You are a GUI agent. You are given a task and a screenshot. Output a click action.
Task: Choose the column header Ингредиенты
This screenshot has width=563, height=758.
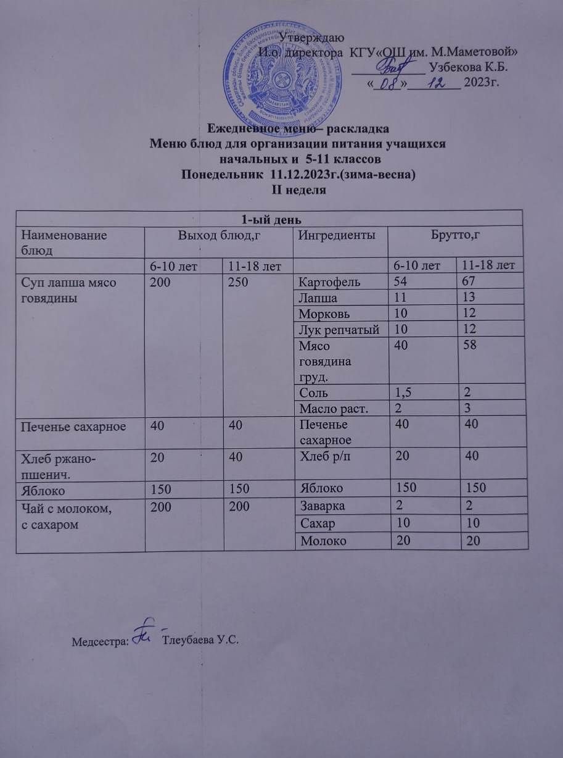click(x=335, y=235)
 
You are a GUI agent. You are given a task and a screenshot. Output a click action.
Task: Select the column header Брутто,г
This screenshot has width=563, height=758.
click(x=454, y=235)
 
